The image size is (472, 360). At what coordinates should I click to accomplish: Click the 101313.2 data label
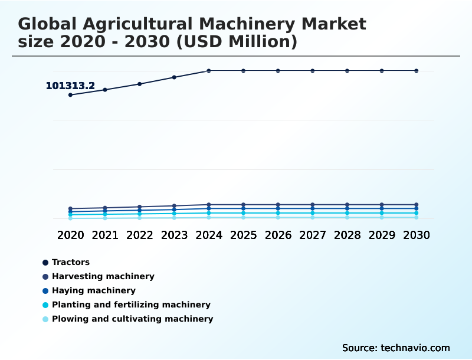[70, 86]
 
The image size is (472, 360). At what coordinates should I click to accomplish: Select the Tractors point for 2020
[70, 95]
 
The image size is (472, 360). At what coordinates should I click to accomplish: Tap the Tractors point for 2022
[140, 84]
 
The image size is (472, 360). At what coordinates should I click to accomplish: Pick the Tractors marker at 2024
[209, 71]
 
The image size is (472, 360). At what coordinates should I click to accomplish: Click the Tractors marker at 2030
[417, 71]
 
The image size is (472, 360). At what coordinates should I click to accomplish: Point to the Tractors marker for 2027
[313, 71]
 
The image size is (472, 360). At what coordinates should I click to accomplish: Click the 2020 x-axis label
[70, 235]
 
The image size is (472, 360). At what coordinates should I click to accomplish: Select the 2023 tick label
[174, 235]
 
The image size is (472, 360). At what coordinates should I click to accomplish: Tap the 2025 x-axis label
[243, 235]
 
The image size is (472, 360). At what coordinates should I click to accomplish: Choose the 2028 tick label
[347, 235]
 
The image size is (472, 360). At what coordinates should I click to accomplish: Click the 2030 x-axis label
[417, 235]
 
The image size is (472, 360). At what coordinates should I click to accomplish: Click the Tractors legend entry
[70, 262]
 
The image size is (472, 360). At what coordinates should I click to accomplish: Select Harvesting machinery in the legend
[103, 276]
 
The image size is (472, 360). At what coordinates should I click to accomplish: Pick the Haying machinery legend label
[93, 290]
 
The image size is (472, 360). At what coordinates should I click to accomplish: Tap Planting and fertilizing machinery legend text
[131, 305]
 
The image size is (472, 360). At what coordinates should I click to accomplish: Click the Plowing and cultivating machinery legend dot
[45, 319]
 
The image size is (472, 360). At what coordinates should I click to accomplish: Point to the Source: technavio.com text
[396, 348]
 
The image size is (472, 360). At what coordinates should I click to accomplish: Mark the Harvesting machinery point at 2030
[417, 205]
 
